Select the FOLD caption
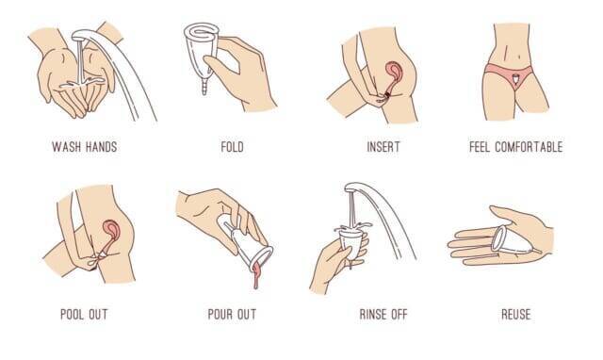(x=232, y=146)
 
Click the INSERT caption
(x=383, y=146)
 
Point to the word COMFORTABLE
(x=529, y=146)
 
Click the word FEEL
(x=480, y=146)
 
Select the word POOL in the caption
(x=72, y=314)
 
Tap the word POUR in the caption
(x=220, y=314)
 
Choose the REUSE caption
(x=516, y=314)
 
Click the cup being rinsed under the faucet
(x=350, y=242)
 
